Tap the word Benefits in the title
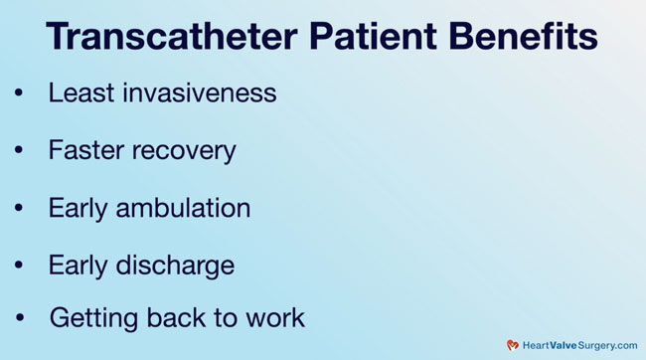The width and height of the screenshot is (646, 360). click(520, 38)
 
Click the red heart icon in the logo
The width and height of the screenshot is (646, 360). click(513, 345)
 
